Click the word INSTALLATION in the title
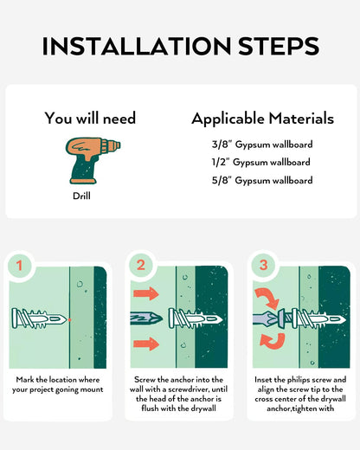tap(137, 46)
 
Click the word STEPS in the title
tap(279, 46)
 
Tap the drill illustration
tap(93, 160)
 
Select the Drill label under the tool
tap(81, 196)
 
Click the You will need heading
tap(90, 118)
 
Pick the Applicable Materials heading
tap(262, 119)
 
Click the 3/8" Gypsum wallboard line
tap(262, 145)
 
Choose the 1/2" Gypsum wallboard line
tap(261, 162)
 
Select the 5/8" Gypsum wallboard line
tap(262, 180)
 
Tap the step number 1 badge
tap(19, 266)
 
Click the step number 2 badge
tap(141, 266)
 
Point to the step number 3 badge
tap(263, 266)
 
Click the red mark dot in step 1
tap(69, 319)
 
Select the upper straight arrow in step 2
tap(146, 293)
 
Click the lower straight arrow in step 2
tap(146, 344)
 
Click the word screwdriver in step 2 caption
tap(190, 389)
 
